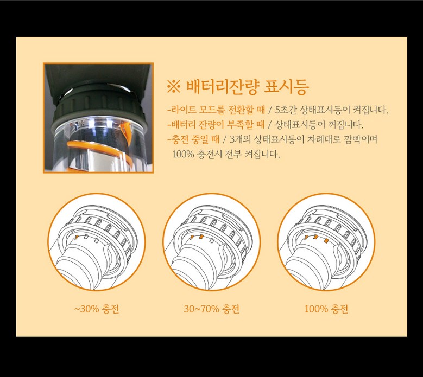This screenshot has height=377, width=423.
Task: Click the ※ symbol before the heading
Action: (x=173, y=87)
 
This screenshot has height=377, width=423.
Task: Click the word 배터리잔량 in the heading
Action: (x=223, y=87)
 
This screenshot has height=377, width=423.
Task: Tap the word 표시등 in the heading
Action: (x=286, y=87)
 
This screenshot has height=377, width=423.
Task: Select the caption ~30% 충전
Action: (x=97, y=309)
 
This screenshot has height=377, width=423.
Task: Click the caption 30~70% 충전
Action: (x=212, y=309)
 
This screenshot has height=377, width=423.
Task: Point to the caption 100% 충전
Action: (x=326, y=309)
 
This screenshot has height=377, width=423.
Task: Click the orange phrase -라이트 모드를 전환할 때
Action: (x=216, y=110)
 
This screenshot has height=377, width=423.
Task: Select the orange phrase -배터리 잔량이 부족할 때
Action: (x=216, y=125)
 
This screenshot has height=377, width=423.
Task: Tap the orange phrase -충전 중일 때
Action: (x=193, y=139)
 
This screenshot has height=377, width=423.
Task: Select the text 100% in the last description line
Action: (x=184, y=154)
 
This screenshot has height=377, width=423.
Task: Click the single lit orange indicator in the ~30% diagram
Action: (x=77, y=237)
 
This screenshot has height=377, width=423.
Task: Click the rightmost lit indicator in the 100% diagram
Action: (x=326, y=240)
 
